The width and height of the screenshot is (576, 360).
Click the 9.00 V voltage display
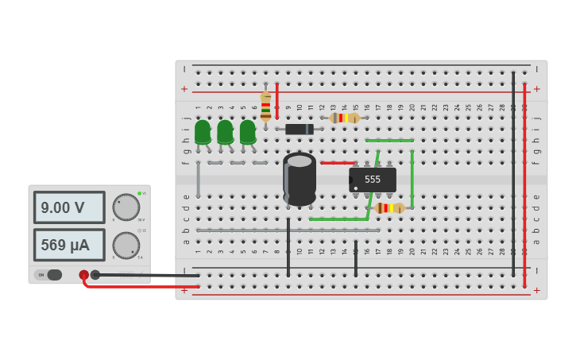tap(68, 207)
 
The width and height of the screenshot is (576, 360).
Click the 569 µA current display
tap(68, 245)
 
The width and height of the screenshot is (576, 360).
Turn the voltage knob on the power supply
tap(126, 207)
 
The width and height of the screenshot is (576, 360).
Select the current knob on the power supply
tap(126, 245)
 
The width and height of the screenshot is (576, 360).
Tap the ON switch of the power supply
tap(48, 275)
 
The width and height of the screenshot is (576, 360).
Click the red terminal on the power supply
tap(84, 275)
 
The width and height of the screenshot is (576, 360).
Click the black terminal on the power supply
tap(95, 275)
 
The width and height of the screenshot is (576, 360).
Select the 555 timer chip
tap(373, 180)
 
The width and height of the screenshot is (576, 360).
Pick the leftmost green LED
tap(203, 132)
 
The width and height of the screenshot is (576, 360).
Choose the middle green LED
tap(225, 132)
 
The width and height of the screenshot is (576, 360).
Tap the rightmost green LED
tap(248, 132)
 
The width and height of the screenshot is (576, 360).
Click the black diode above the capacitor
tap(300, 129)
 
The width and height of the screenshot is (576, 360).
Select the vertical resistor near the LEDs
tap(265, 106)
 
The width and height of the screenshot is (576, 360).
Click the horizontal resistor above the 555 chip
tap(345, 118)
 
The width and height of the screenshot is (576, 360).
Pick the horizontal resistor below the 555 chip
tap(389, 207)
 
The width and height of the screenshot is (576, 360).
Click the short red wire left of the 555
tap(338, 163)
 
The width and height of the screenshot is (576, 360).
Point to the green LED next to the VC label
tap(139, 193)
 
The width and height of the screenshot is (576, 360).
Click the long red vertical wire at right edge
tap(524, 183)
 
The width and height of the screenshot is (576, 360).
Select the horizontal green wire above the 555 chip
tap(389, 141)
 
